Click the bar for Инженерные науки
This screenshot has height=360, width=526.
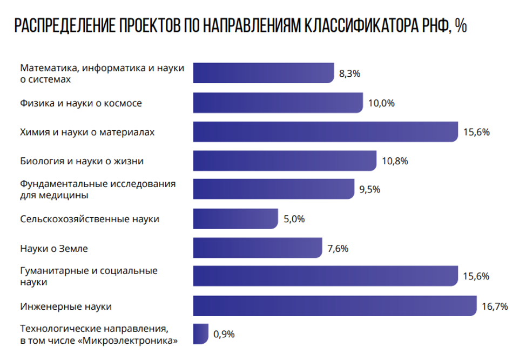[x=335, y=306]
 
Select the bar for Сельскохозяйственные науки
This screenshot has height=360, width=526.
[x=235, y=219]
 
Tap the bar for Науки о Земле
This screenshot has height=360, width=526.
[x=258, y=248]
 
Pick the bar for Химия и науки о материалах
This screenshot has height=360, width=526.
[x=326, y=131]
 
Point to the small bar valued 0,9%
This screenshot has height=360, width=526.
[x=200, y=334]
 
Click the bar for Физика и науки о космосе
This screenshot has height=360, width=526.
[x=278, y=103]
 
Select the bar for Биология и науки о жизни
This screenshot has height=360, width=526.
[x=285, y=161]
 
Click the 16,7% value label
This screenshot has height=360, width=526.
[x=495, y=306]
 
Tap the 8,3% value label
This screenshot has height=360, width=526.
[x=349, y=74]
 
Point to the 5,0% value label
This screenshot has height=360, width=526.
[x=294, y=219]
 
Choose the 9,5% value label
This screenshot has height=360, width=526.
[x=370, y=190]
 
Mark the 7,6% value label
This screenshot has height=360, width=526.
[x=338, y=249]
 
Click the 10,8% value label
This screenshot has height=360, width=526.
[x=394, y=161]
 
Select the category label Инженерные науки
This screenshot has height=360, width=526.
[x=66, y=306]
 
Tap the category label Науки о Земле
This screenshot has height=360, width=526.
[x=54, y=249]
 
